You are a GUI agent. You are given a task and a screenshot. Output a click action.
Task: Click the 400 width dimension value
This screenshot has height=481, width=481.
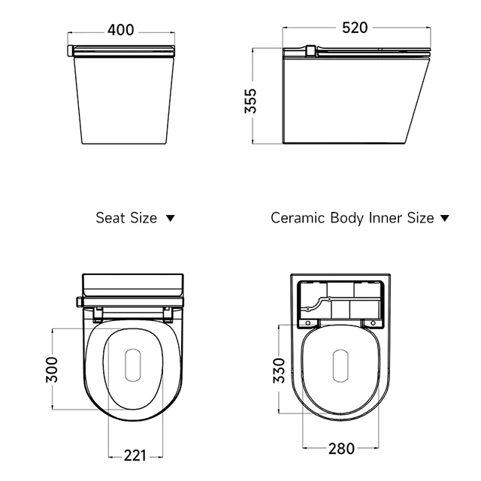pos(120,29)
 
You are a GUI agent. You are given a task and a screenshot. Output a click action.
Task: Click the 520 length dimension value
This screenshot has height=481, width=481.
pos(355,28)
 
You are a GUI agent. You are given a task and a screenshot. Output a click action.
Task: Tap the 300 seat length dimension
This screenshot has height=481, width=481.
pos(52,370)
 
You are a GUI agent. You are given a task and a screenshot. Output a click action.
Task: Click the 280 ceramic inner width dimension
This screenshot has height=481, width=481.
pos(342,449)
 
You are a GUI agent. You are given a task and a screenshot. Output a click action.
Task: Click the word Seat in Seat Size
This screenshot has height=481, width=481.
pos(110,218)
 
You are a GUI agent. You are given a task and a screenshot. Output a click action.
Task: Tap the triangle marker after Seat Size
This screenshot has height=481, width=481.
pos(170,218)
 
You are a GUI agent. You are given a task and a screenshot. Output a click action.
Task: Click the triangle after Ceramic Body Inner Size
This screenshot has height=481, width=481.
pos(444,218)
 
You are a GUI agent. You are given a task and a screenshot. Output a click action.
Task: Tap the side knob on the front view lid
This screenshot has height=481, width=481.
pos(70,51)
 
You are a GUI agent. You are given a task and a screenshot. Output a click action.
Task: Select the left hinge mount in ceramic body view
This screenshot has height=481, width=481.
pos(307,322)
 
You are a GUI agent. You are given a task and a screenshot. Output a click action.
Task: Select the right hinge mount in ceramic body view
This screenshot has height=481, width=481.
pos(372,322)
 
